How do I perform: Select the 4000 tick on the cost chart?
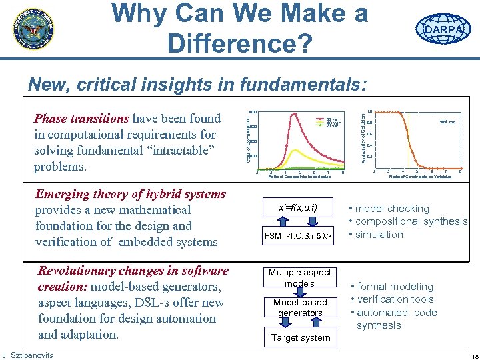click(253, 112)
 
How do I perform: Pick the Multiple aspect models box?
click(299, 277)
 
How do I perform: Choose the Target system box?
click(300, 337)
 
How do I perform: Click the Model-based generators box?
click(300, 307)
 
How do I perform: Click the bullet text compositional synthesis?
click(412, 221)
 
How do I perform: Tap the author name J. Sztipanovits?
click(27, 355)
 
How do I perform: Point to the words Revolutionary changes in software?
click(133, 271)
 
